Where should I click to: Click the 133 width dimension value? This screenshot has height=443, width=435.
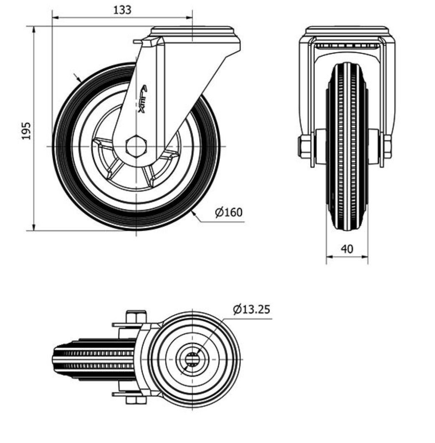point(122,10)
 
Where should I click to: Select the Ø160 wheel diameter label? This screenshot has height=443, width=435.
point(229,212)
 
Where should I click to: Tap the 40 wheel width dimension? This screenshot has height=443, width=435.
point(347,249)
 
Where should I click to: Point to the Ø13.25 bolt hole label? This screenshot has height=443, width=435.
point(252,310)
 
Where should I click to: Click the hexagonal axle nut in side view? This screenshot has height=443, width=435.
point(136,146)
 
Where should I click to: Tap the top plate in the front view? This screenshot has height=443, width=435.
point(347,31)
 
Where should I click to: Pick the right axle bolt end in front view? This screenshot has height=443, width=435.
point(387,147)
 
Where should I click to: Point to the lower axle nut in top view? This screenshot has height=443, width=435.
point(136,400)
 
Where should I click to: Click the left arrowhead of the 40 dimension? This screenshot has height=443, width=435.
point(329,257)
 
